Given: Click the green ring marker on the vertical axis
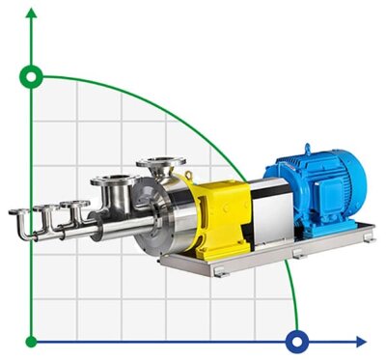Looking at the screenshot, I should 33,75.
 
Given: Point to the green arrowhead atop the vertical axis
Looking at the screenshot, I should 33,12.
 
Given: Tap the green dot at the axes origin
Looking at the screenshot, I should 33,341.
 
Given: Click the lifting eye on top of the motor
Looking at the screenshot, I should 307,150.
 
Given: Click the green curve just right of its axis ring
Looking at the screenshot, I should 58,77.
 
